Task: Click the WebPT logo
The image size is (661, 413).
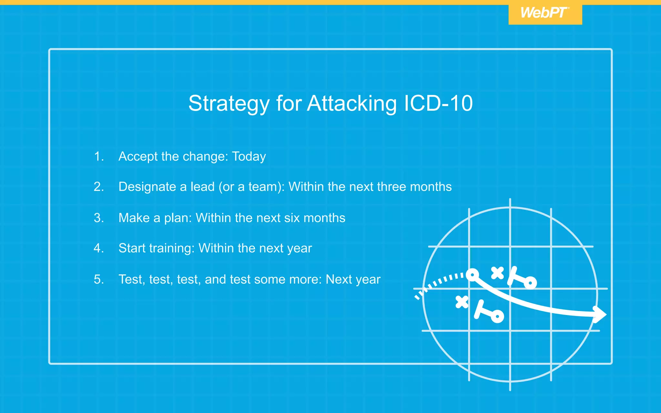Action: [545, 13]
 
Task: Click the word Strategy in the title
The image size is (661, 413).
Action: [229, 104]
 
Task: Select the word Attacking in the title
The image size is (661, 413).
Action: [352, 104]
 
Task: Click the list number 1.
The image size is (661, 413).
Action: [98, 156]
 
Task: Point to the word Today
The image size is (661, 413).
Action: [249, 156]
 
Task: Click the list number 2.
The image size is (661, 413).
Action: [98, 187]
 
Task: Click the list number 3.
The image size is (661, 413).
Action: [98, 218]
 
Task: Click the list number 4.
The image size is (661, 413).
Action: [98, 248]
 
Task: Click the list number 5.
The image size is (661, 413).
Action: [98, 279]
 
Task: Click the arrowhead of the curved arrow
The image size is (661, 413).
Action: [600, 314]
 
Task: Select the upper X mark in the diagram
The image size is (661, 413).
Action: [497, 273]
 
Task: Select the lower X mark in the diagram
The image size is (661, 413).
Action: [462, 302]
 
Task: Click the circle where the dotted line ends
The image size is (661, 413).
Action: [473, 275]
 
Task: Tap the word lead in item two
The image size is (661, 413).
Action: [202, 187]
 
